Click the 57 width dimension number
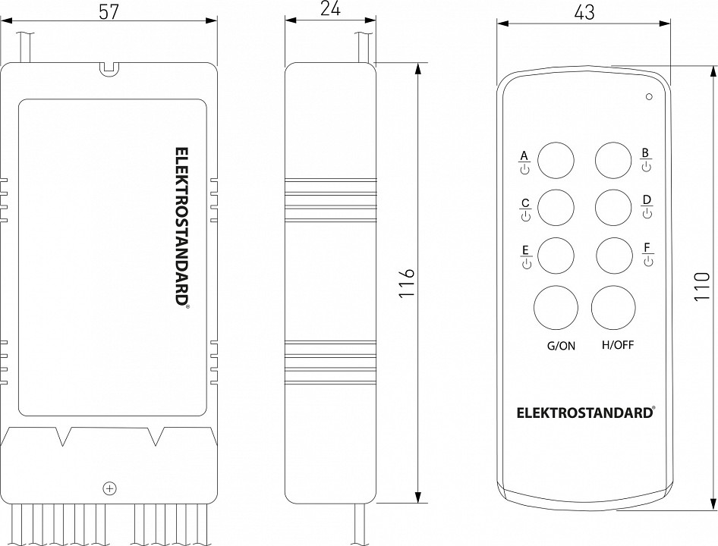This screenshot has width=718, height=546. (109, 11)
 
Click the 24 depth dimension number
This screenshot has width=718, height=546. (330, 9)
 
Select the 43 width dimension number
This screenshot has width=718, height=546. (584, 12)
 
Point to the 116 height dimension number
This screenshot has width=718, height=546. (407, 284)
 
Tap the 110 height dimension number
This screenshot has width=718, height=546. (702, 286)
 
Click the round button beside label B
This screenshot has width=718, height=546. (613, 161)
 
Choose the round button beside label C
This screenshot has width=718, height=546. (556, 207)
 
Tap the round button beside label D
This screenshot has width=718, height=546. (613, 207)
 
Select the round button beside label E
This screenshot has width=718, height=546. (556, 256)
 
